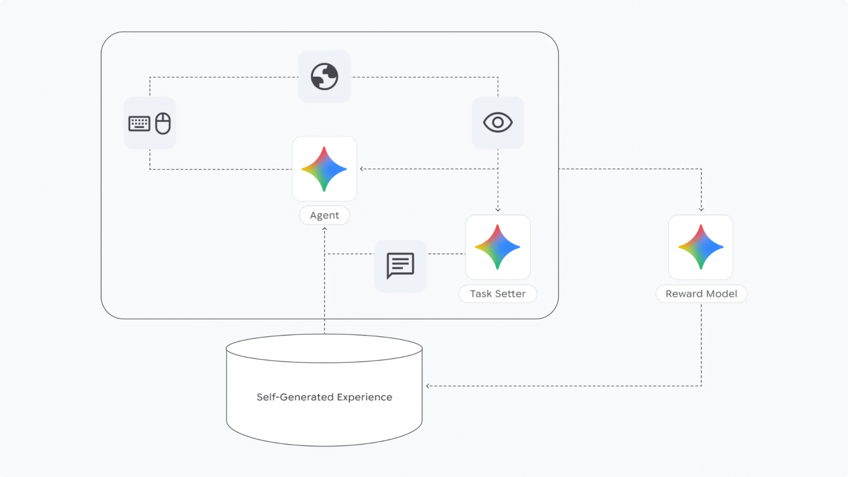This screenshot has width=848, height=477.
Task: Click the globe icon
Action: (325, 77)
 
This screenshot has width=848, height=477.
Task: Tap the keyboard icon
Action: (139, 123)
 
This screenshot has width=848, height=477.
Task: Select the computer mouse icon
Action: (163, 123)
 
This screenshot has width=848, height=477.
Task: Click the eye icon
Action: (498, 122)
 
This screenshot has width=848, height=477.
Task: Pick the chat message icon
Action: (400, 265)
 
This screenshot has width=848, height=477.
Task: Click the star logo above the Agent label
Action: (324, 169)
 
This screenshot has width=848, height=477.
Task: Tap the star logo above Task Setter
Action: (497, 247)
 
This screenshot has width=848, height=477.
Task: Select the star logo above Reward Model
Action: (701, 247)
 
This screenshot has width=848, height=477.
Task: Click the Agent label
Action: (325, 215)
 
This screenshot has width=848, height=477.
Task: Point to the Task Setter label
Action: (497, 294)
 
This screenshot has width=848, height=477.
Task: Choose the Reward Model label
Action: (701, 294)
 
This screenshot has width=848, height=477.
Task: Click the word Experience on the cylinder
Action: (365, 397)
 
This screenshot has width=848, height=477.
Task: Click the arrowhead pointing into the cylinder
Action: (428, 386)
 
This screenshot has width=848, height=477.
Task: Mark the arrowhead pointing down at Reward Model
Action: (701, 209)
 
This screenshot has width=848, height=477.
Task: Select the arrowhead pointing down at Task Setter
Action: (498, 209)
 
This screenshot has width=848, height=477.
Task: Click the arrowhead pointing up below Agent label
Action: (325, 229)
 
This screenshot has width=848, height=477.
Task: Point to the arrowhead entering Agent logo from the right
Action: (361, 169)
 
